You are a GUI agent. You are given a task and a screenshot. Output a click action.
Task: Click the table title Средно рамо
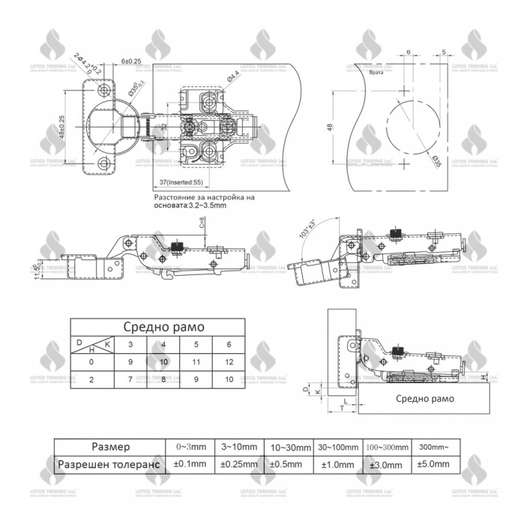pyautogui.click(x=160, y=327)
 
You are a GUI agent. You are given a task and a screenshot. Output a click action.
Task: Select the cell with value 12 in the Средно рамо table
pyautogui.click(x=229, y=361)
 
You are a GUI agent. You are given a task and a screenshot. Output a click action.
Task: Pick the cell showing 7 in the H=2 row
pyautogui.click(x=130, y=380)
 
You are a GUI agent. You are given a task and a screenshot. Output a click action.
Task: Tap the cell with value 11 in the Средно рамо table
pyautogui.click(x=196, y=361)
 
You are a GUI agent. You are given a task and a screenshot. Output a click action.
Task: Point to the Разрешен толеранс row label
pyautogui.click(x=109, y=464)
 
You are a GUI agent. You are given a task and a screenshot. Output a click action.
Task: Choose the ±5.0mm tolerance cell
pyautogui.click(x=434, y=464)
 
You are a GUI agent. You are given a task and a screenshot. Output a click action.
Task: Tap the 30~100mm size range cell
pyautogui.click(x=337, y=447)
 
